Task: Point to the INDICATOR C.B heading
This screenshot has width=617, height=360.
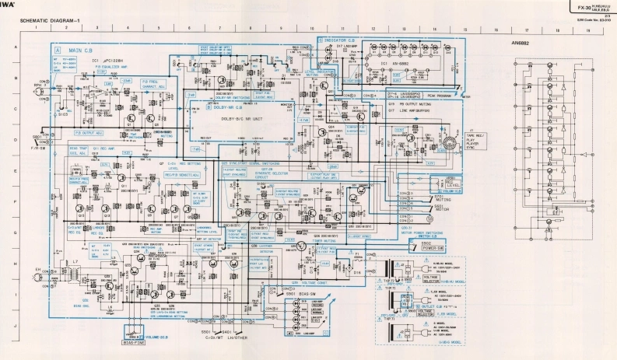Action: (341, 38)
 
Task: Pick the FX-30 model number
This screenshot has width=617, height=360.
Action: (575, 6)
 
